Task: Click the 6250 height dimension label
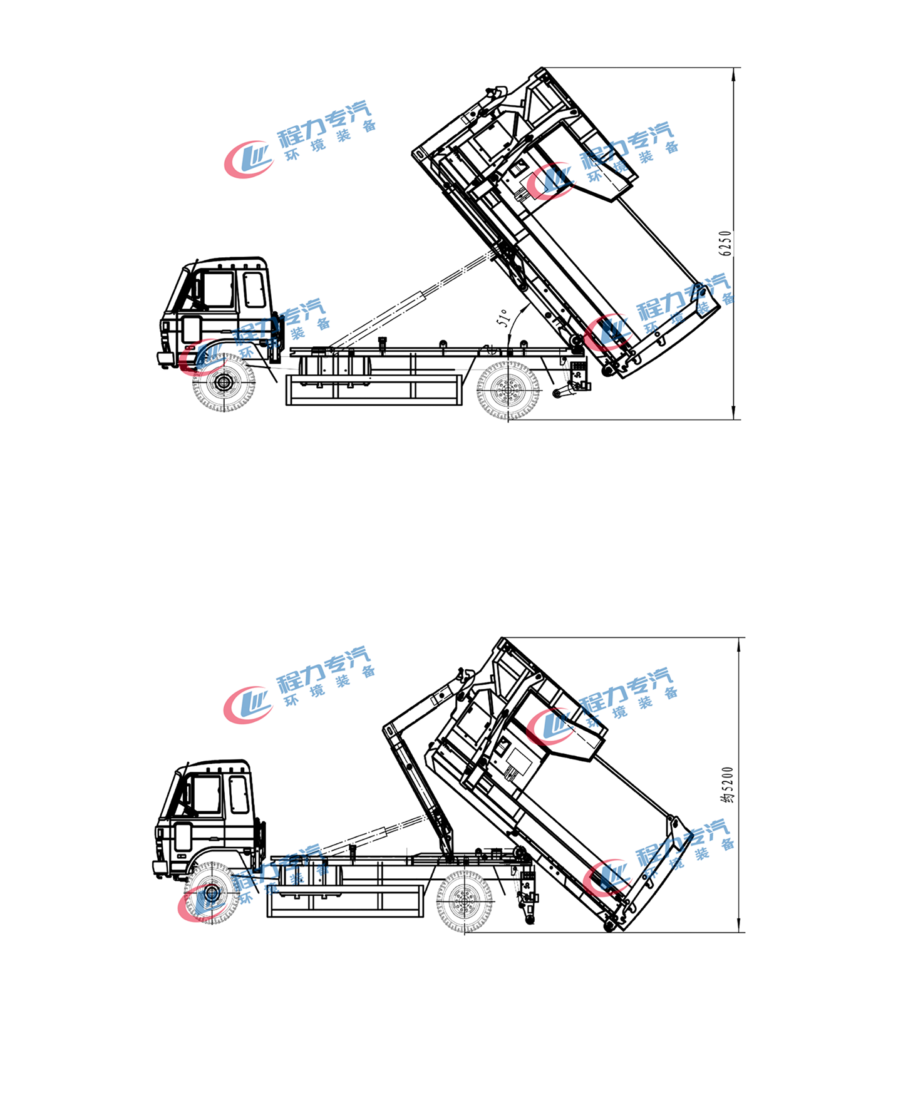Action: tap(725, 243)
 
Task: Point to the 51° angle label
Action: tap(503, 318)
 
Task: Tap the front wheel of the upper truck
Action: tap(224, 382)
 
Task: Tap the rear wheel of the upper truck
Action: tap(507, 390)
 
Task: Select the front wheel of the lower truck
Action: tap(212, 892)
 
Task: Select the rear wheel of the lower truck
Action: tap(464, 901)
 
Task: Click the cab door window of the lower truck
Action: tap(206, 794)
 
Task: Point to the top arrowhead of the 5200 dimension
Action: tap(739, 644)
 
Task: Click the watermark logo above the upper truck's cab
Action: tap(249, 159)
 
